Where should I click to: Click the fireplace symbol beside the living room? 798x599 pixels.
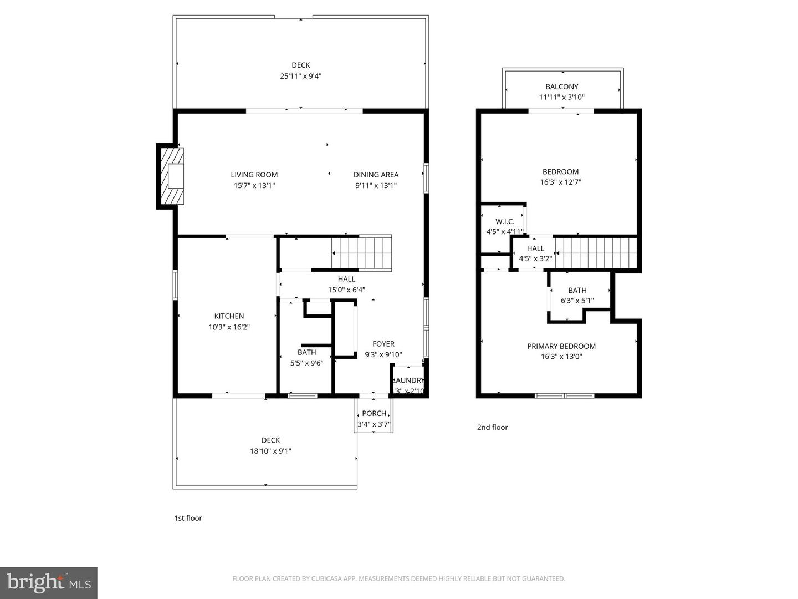tap(171, 176)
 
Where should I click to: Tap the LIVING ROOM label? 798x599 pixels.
tap(254, 175)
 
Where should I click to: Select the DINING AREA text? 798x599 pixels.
tap(376, 175)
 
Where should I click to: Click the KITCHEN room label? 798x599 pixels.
tap(229, 316)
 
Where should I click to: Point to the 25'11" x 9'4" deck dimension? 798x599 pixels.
tap(300, 76)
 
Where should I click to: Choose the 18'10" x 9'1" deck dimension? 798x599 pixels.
tap(270, 451)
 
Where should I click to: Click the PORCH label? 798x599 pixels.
tap(374, 413)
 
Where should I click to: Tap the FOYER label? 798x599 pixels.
tap(383, 344)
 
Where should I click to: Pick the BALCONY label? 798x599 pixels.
tap(561, 87)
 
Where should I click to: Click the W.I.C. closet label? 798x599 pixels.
tap(505, 221)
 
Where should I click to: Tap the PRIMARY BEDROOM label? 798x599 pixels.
tap(561, 346)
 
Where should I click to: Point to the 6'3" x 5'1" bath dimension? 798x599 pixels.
tap(577, 301)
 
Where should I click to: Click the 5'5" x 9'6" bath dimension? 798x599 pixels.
tap(306, 363)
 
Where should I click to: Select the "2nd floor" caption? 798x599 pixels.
tap(492, 427)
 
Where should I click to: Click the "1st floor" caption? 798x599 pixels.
tap(188, 518)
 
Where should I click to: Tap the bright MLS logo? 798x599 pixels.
tap(49, 582)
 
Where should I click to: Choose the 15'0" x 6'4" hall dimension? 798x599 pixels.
tap(346, 290)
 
